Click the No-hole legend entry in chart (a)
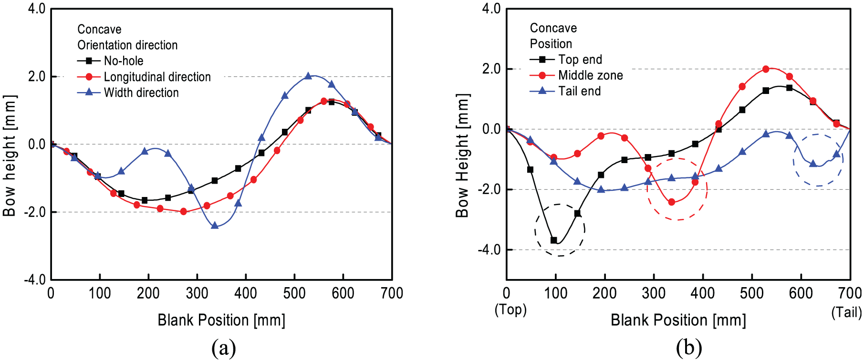110,61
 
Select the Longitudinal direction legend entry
144,77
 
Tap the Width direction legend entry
128,93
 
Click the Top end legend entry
566,60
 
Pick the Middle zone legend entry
576,75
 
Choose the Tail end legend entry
565,91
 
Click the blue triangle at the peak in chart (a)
308,76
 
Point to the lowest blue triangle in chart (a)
215,225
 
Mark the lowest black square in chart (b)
554,240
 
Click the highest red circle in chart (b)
766,69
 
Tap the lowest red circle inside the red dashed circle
672,202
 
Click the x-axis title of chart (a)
221,320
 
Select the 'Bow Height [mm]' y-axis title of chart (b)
462,155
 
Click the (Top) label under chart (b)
510,310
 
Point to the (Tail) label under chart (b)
847,312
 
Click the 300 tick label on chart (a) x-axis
197,293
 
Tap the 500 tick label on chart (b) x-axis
751,293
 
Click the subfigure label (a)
224,348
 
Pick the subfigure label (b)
689,348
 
